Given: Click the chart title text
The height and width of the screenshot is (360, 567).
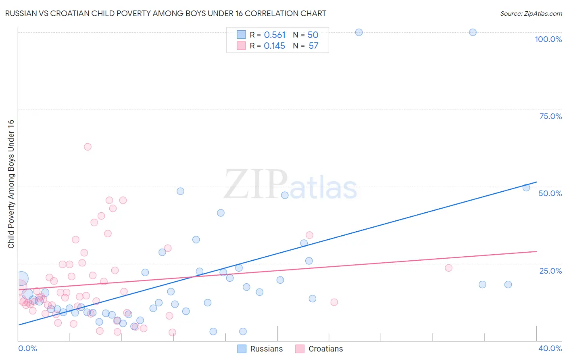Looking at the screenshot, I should (x=166, y=13).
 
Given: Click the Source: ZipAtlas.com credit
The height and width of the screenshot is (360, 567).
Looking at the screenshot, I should (x=531, y=13).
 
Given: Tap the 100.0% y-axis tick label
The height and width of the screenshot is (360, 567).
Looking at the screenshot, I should (x=548, y=39).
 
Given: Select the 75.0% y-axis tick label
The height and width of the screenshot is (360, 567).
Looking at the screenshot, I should (x=550, y=116).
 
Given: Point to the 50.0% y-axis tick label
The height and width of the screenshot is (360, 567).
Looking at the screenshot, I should (x=550, y=193).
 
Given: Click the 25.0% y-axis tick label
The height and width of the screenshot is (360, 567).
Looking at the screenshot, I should (x=550, y=271).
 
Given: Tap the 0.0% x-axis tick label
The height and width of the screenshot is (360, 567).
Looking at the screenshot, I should (x=27, y=348).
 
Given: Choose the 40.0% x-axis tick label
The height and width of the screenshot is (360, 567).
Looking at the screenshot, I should (x=550, y=348).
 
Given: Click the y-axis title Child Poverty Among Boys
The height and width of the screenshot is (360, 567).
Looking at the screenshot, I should (x=11, y=184).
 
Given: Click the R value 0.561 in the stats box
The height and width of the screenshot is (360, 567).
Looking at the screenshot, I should (x=275, y=35).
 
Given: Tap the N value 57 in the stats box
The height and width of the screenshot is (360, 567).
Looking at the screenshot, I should (x=313, y=46).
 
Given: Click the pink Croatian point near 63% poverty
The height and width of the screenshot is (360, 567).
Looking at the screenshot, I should (x=88, y=147).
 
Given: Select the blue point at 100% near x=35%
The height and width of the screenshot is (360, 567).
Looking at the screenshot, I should (x=473, y=32).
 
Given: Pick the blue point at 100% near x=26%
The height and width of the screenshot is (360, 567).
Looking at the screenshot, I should (x=359, y=32).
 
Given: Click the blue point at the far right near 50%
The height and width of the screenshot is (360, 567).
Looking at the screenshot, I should (x=526, y=188).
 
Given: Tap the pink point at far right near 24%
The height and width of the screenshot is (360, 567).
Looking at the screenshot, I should (x=448, y=268).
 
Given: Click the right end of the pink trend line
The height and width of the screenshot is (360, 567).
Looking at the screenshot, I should (x=536, y=251).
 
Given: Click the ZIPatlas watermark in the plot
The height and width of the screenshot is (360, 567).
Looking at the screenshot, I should (x=290, y=185).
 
